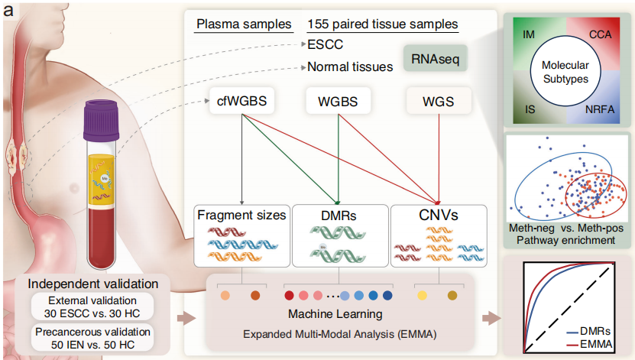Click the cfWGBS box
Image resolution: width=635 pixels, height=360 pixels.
(x=242, y=102)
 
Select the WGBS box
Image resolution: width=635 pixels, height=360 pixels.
(x=337, y=102)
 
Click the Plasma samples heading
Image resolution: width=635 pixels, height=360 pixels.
(x=244, y=24)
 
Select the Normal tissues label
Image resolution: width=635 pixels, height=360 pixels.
(x=350, y=66)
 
